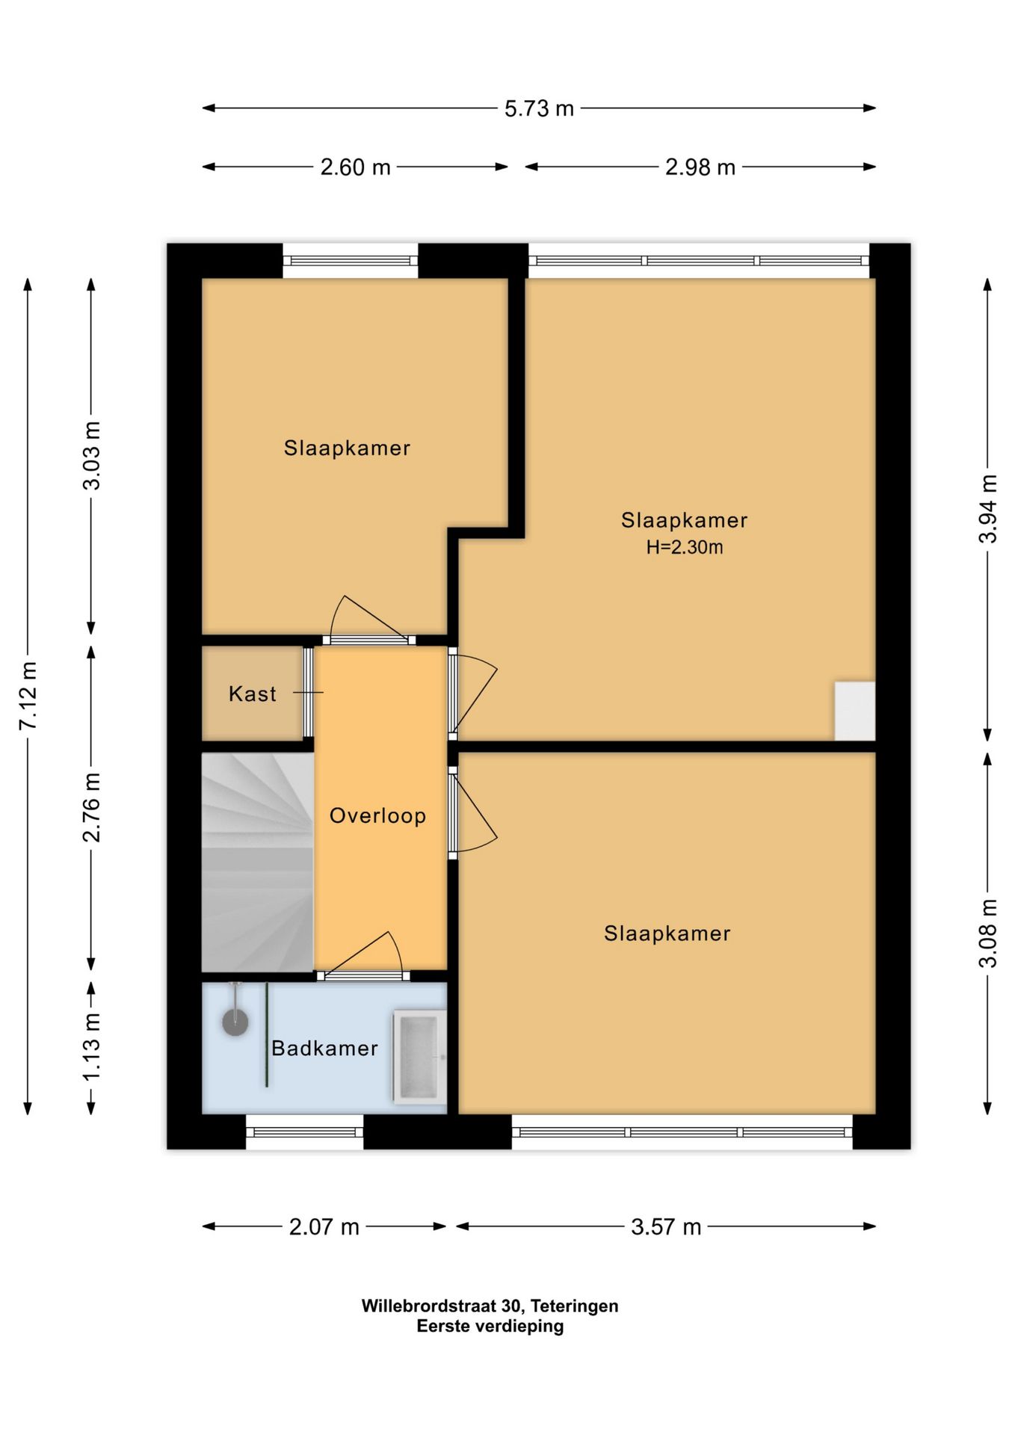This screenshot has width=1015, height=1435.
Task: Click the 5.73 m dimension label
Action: pyautogui.click(x=539, y=109)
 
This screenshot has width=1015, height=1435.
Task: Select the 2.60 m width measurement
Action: pyautogui.click(x=356, y=167)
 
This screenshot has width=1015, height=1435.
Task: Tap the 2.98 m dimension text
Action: pyautogui.click(x=700, y=167)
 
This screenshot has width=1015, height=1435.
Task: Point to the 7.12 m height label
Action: pyautogui.click(x=28, y=696)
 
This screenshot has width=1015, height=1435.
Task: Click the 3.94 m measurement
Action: pyautogui.click(x=988, y=509)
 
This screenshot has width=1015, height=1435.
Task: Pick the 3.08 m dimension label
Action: pyautogui.click(x=988, y=933)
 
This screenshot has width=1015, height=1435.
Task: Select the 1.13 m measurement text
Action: pyautogui.click(x=91, y=1046)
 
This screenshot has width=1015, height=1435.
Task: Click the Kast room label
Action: pyautogui.click(x=253, y=694)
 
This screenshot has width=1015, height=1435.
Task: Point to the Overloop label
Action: pyautogui.click(x=377, y=815)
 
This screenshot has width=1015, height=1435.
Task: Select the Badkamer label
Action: pyautogui.click(x=324, y=1049)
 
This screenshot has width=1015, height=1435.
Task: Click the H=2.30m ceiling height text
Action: pyautogui.click(x=685, y=548)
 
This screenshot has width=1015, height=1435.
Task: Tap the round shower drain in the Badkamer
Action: pyautogui.click(x=235, y=1022)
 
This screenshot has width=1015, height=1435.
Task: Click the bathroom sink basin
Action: pyautogui.click(x=419, y=1057)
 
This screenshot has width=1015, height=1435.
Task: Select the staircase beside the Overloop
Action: pyautogui.click(x=257, y=862)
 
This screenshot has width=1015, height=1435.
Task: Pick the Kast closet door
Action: pyautogui.click(x=308, y=693)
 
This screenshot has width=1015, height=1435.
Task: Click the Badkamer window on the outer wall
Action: pyautogui.click(x=305, y=1132)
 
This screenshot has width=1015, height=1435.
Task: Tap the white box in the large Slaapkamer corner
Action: pyautogui.click(x=855, y=711)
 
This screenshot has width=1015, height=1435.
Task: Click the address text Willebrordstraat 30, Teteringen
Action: pyautogui.click(x=490, y=1306)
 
